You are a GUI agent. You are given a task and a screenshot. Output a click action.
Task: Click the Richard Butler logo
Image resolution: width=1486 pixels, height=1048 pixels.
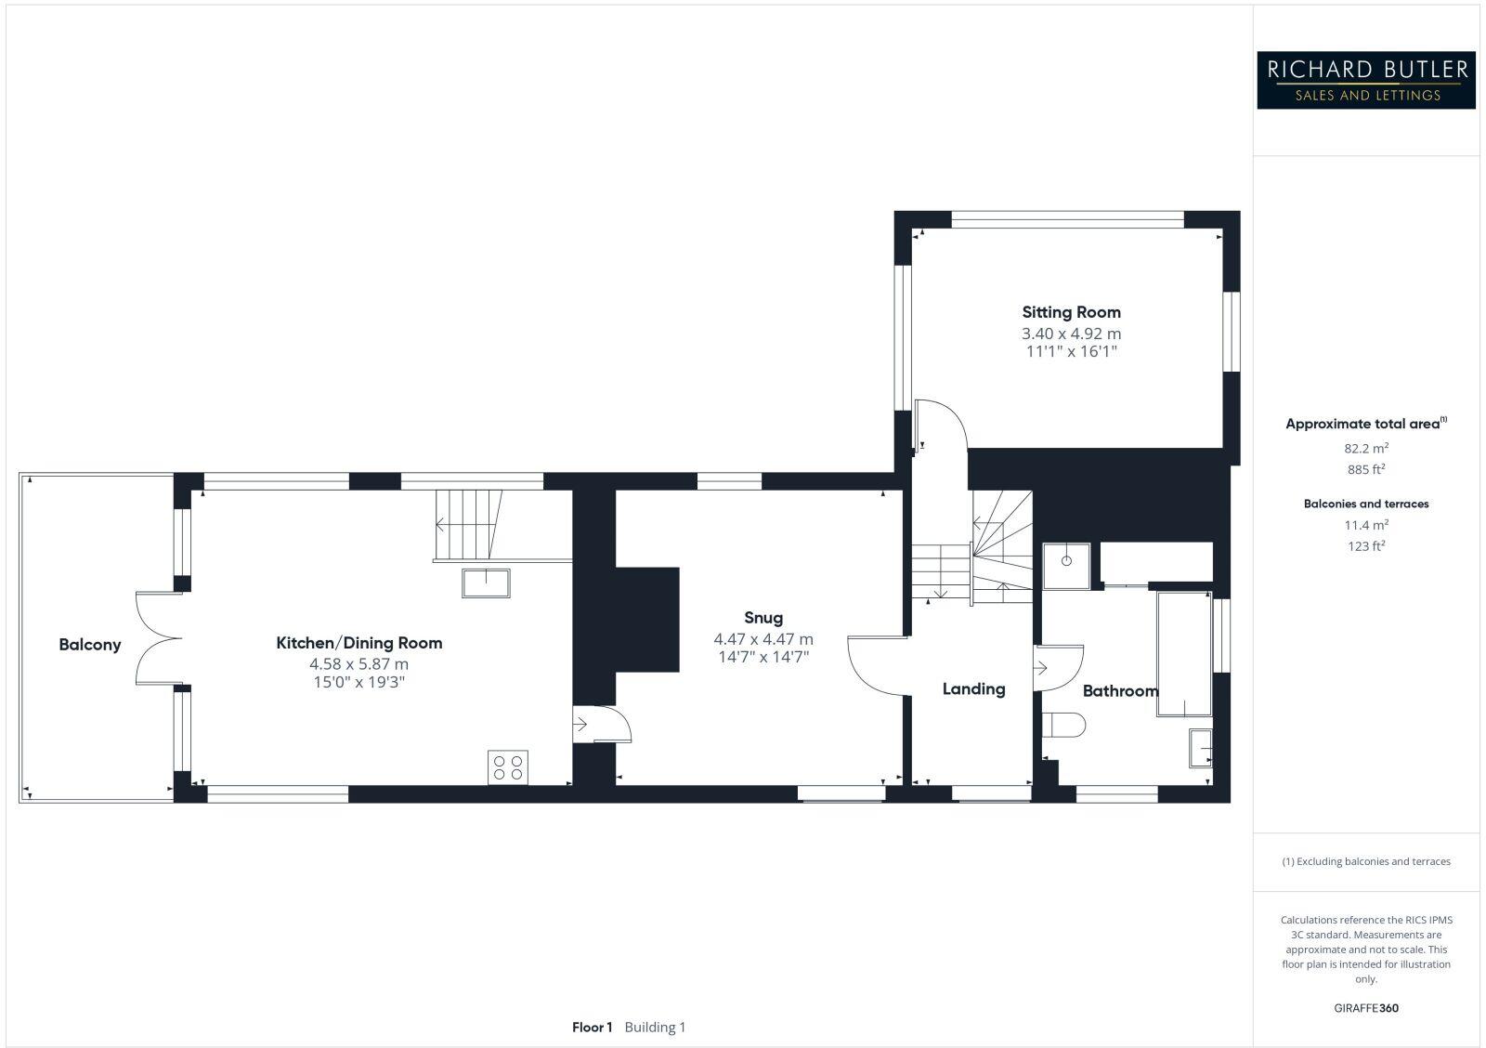(x=1365, y=80)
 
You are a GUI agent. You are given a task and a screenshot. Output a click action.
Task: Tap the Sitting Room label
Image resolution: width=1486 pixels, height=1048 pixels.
(x=1071, y=312)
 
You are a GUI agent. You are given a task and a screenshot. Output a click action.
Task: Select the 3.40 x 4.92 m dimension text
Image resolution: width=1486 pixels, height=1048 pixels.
(x=1071, y=334)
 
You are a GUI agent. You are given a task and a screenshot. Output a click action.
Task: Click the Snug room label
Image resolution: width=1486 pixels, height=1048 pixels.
(x=763, y=618)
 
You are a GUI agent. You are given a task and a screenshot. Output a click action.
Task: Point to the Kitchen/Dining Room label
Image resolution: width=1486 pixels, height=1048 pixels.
(x=358, y=643)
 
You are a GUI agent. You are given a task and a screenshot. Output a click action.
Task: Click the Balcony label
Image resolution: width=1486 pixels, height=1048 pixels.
(x=89, y=645)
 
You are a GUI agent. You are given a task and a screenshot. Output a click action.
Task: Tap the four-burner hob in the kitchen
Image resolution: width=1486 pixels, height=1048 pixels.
(x=508, y=767)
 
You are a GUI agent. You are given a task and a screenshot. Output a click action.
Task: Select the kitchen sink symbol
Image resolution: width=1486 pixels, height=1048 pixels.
(x=486, y=583)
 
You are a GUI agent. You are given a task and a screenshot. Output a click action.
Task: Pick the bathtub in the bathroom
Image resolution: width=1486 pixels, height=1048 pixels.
(x=1183, y=653)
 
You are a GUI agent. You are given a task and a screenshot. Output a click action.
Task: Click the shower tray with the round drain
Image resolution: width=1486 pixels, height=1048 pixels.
(x=1066, y=566)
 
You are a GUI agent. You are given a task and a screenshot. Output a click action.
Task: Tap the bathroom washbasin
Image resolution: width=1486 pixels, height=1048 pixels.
(x=1200, y=748)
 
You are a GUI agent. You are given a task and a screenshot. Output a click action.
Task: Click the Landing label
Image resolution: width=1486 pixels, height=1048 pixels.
(x=973, y=689)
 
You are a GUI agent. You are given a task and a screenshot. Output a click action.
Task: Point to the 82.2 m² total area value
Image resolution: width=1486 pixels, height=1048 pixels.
(x=1365, y=447)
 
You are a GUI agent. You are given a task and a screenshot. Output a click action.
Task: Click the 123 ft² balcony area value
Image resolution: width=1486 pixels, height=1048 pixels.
(x=1365, y=546)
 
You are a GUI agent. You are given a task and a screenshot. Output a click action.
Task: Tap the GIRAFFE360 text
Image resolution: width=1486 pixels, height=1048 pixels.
(x=1365, y=1008)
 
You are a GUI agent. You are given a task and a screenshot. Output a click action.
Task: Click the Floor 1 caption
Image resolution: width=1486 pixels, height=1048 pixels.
(x=592, y=1028)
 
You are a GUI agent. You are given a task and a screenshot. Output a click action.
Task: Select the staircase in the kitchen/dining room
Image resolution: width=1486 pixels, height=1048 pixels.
(x=469, y=525)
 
